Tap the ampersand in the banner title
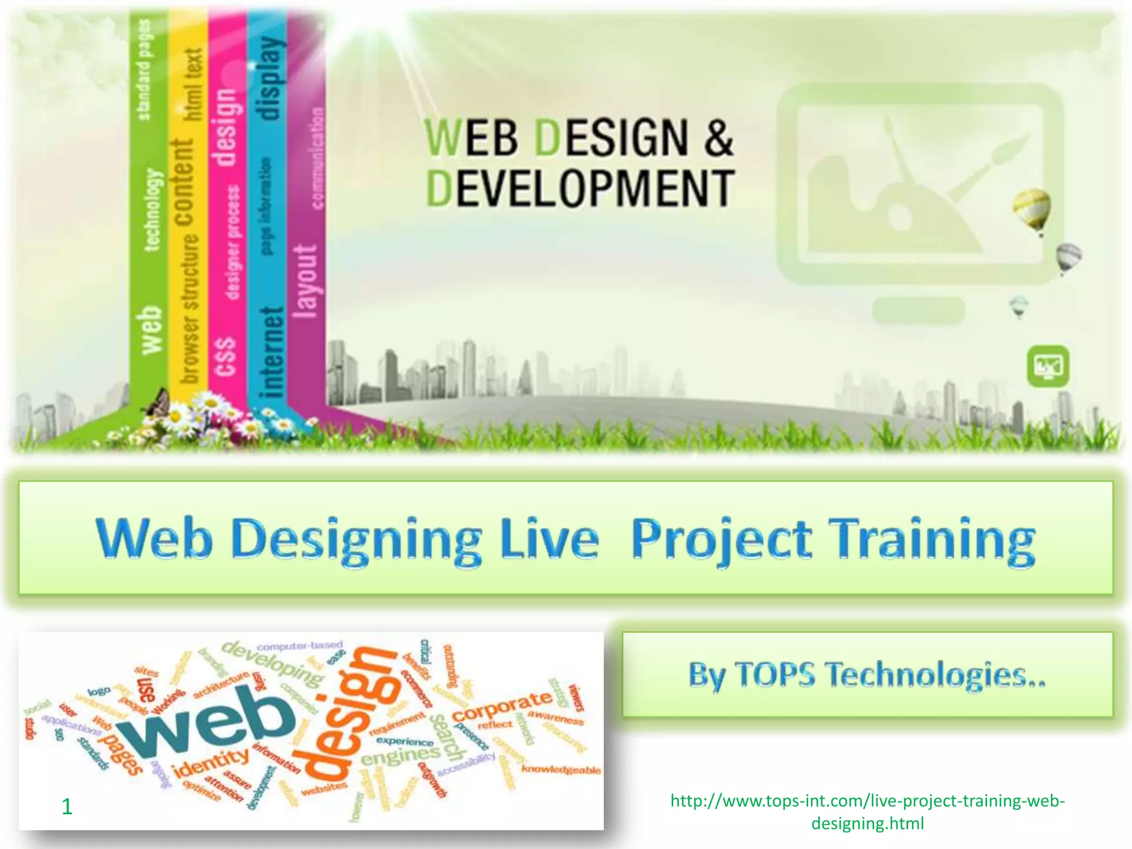717,137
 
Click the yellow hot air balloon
1031,209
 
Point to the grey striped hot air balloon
1068,257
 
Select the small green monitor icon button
1048,366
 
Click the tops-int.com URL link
867,811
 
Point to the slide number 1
67,807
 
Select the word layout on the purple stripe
306,282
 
